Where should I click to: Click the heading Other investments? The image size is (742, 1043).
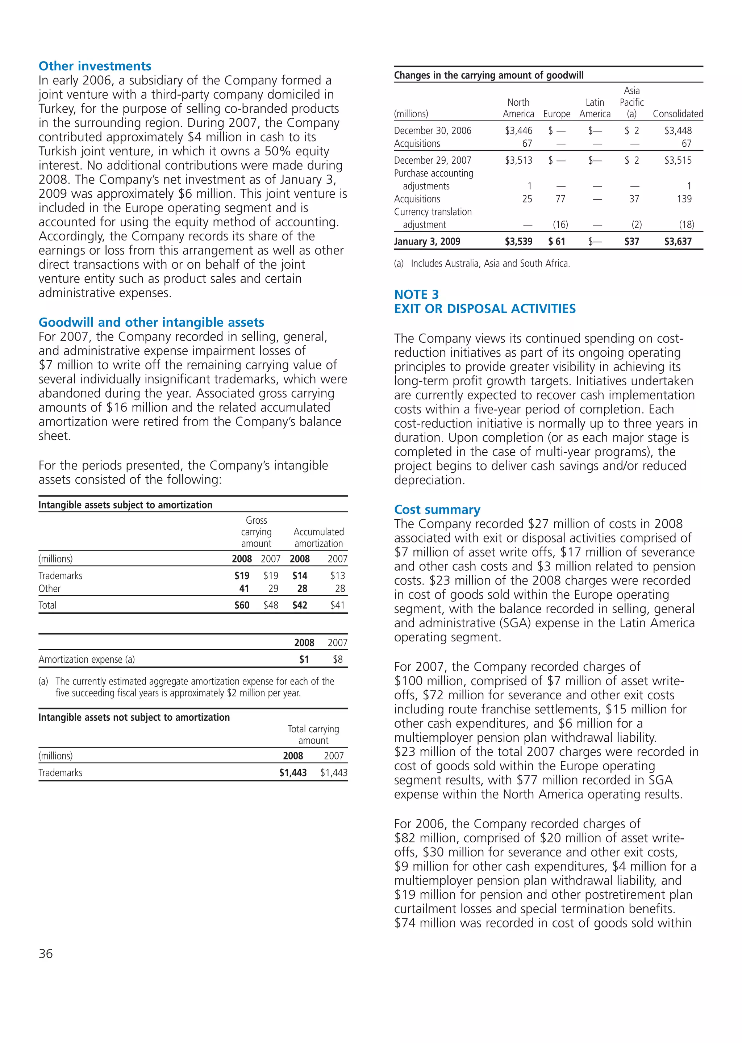tap(95, 66)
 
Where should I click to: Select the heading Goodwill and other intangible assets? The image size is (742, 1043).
tap(151, 322)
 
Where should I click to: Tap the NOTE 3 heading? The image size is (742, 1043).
tap(416, 294)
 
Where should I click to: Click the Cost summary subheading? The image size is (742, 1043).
tap(437, 510)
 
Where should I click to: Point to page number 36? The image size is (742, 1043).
tap(46, 954)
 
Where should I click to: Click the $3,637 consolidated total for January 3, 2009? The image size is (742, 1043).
tap(678, 242)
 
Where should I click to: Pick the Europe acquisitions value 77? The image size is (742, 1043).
tap(560, 199)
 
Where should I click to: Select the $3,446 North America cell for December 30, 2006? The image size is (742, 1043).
tap(518, 131)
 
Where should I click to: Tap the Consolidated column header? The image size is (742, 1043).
tap(678, 114)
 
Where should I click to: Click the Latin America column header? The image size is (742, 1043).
tap(595, 109)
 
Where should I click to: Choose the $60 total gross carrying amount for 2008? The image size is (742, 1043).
tap(242, 606)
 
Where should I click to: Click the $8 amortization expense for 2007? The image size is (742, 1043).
tap(338, 659)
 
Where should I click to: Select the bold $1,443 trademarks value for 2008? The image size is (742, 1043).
tap(293, 773)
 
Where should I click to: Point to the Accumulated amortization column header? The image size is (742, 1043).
tap(318, 538)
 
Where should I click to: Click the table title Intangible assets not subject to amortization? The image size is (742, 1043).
tap(134, 717)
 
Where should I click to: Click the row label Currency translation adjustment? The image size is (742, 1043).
tap(432, 218)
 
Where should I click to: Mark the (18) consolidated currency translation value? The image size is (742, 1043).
tap(686, 225)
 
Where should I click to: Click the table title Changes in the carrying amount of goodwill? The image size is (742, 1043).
tap(488, 75)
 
